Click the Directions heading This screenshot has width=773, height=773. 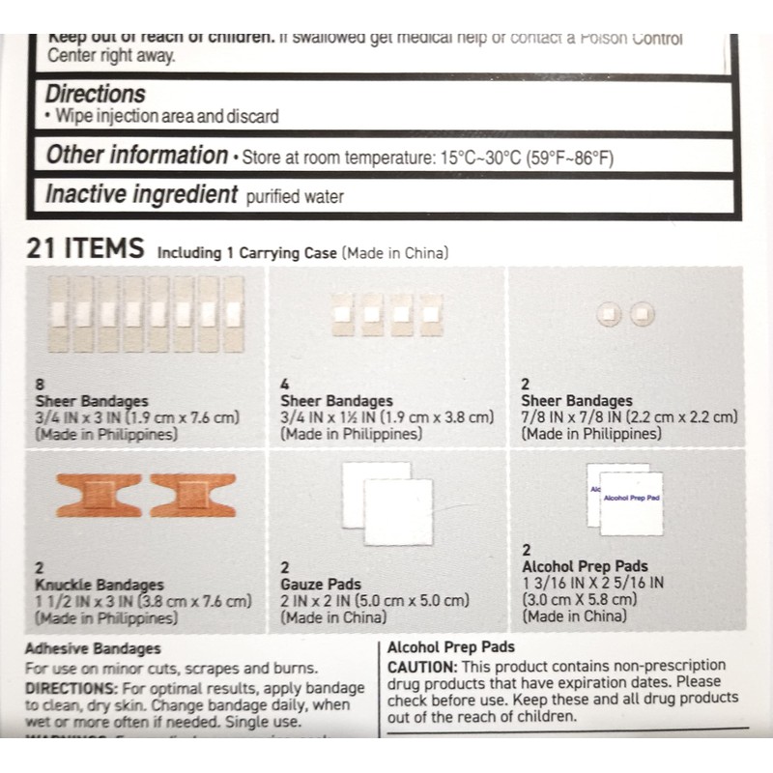(95, 94)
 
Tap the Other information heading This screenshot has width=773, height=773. (136, 155)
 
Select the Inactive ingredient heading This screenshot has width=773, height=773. (141, 194)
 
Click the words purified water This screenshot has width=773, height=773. (295, 197)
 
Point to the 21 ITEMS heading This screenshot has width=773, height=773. (85, 248)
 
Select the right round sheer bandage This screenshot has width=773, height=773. (642, 313)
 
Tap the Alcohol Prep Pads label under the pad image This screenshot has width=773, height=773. (585, 566)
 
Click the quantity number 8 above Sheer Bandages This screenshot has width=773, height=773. (39, 384)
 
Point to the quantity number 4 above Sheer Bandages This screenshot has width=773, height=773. (284, 384)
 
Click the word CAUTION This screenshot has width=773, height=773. (422, 667)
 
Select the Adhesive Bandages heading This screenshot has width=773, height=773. (93, 648)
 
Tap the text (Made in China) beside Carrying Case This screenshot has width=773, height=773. (395, 253)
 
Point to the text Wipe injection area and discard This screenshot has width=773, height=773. (167, 117)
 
